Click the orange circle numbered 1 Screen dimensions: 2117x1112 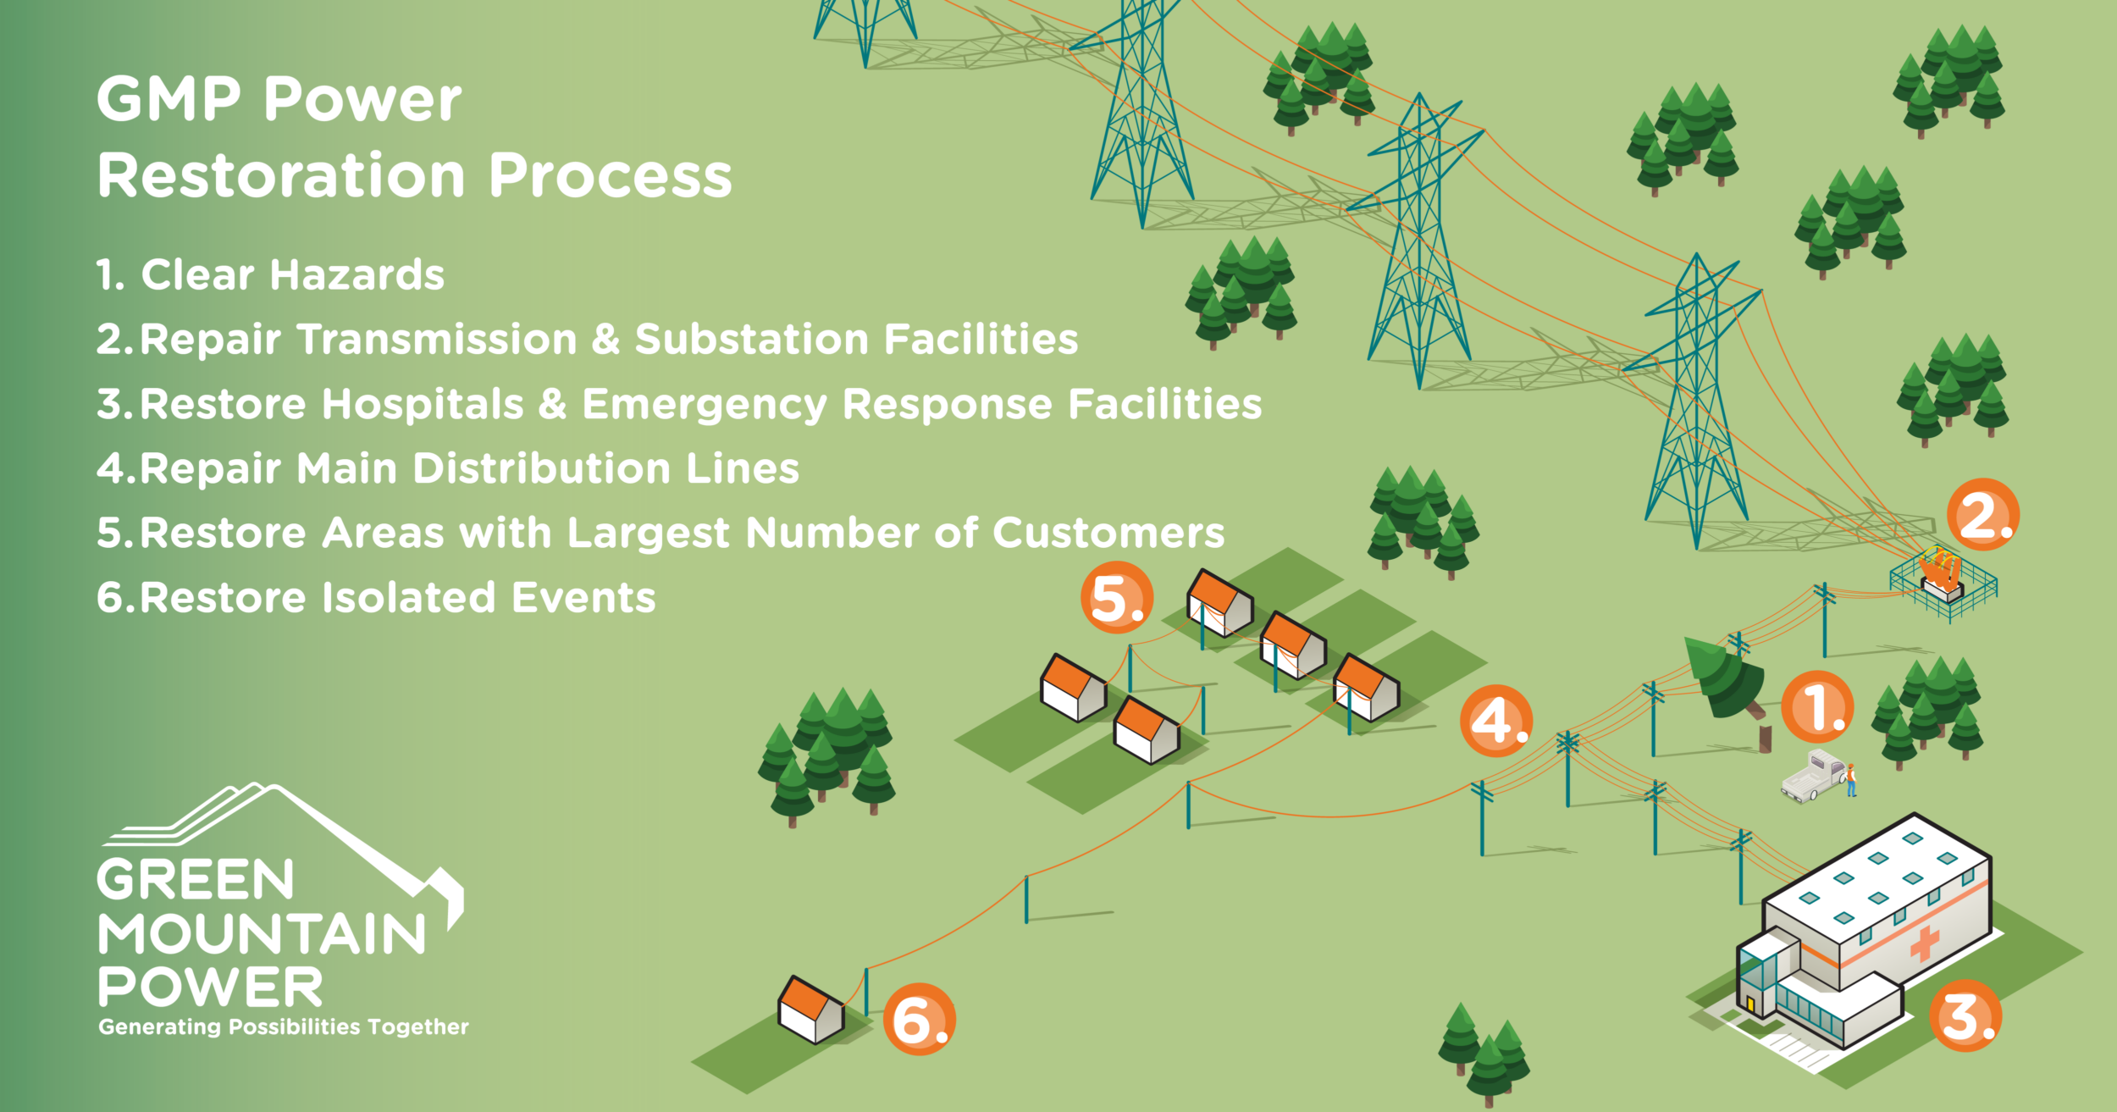coord(1817,707)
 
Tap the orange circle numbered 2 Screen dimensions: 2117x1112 coord(1983,514)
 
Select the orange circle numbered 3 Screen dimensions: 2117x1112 coord(1965,1015)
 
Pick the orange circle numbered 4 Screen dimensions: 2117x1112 coord(1496,721)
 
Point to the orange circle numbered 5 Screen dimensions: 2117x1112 coord(1117,597)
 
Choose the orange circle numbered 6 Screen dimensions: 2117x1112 coord(920,1019)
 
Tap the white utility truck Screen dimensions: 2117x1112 coord(1812,775)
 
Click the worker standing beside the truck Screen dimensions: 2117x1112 coord(1851,780)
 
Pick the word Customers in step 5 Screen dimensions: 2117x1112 coord(1108,533)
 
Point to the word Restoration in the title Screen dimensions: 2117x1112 coord(281,175)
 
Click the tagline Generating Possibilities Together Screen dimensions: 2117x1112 coord(284,1026)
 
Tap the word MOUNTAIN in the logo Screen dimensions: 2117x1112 coord(263,934)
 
